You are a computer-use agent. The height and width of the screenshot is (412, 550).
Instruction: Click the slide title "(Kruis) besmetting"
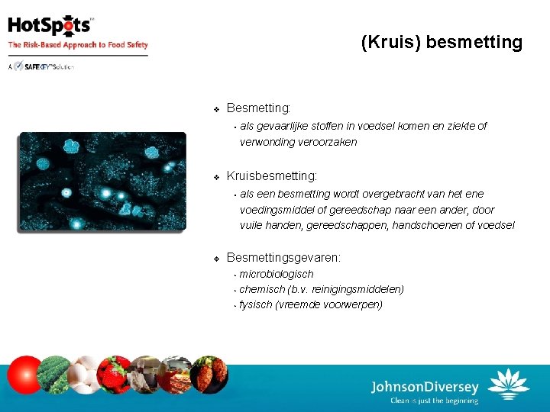click(x=442, y=43)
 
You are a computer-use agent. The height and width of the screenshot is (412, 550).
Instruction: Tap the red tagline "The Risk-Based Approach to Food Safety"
click(x=78, y=45)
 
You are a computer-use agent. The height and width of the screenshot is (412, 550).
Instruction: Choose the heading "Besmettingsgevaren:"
click(x=283, y=258)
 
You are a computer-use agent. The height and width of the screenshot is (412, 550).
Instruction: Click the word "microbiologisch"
click(x=276, y=274)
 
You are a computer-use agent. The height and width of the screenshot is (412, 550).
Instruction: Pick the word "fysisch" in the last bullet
click(x=256, y=304)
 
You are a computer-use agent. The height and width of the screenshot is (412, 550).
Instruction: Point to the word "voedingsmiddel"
click(x=276, y=210)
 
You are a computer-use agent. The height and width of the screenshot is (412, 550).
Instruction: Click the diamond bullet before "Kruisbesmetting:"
click(x=216, y=177)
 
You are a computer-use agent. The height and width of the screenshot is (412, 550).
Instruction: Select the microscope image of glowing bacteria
click(x=102, y=182)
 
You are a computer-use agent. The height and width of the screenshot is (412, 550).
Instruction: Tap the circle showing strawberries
click(x=115, y=375)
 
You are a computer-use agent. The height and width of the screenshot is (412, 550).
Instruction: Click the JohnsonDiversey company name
click(x=425, y=387)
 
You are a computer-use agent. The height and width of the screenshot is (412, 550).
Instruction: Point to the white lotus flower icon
click(x=508, y=384)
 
